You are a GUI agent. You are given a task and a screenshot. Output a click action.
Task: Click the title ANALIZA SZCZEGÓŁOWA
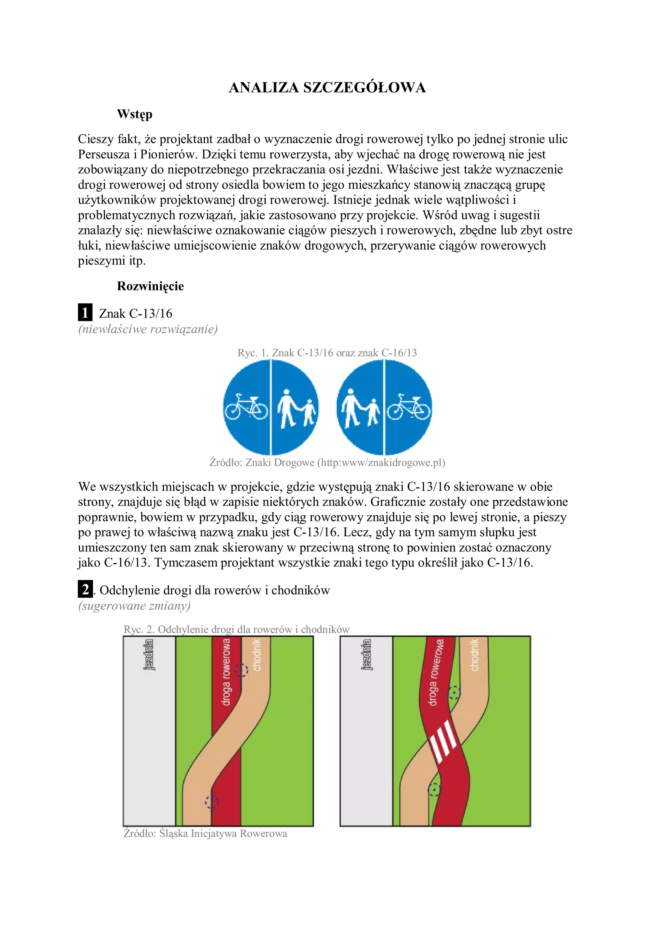click(x=327, y=88)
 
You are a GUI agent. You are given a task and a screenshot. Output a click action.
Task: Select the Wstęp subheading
click(x=134, y=114)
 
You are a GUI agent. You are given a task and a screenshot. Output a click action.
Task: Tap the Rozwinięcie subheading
click(x=150, y=286)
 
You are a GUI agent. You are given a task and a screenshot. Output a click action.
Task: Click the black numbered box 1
click(x=85, y=313)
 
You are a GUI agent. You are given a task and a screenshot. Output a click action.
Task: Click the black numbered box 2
click(x=85, y=590)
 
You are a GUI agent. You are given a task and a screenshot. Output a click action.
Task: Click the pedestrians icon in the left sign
click(x=296, y=408)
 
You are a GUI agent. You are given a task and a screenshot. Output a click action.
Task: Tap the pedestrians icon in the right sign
click(x=360, y=408)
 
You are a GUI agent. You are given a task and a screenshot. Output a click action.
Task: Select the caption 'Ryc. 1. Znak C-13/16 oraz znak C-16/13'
click(x=327, y=353)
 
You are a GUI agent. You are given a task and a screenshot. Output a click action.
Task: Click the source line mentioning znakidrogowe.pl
click(x=327, y=462)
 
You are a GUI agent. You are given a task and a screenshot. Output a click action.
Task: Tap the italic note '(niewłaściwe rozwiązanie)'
click(x=148, y=329)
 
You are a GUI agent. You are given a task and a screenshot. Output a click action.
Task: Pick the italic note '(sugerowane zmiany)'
click(x=134, y=606)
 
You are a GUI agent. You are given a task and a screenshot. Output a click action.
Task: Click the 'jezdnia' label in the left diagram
click(x=149, y=654)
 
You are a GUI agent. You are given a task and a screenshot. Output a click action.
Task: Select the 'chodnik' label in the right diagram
click(x=475, y=655)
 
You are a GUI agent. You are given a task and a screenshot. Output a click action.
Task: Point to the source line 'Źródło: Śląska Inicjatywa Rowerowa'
click(x=205, y=833)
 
